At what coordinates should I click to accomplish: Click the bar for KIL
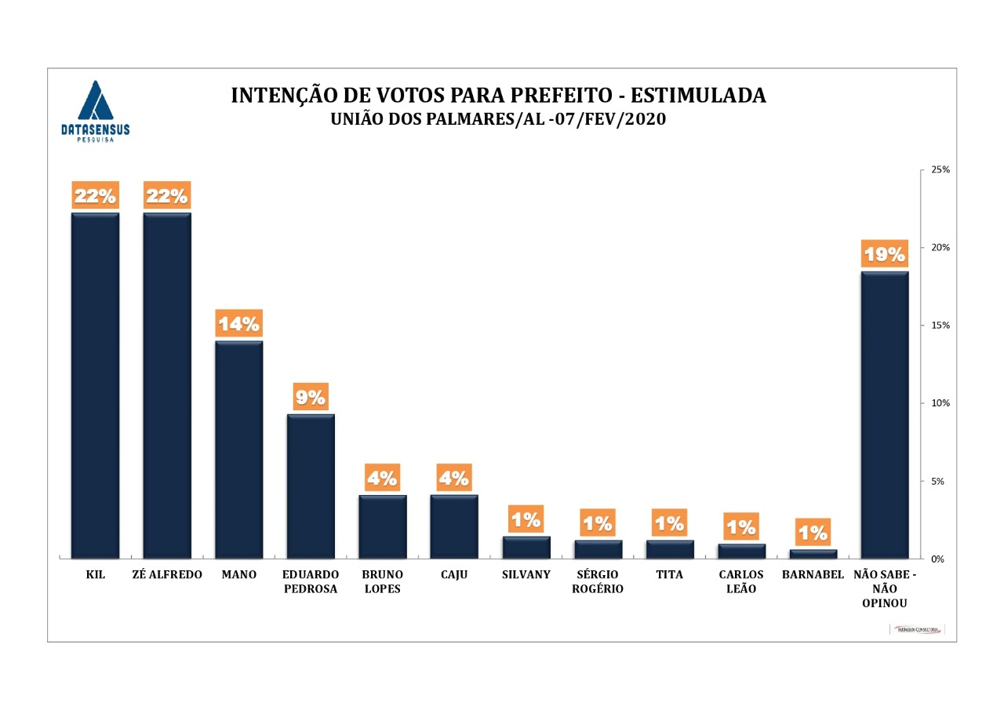coord(95,384)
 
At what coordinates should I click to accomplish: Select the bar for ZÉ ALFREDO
coord(167,384)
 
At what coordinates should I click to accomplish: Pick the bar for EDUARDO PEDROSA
coord(311,486)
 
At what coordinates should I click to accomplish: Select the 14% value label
coord(238,324)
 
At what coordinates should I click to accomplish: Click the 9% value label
coord(311,397)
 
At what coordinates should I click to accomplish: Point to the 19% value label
coord(885,254)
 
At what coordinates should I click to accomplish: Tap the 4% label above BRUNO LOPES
coord(383,477)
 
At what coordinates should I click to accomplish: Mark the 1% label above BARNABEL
coord(813,533)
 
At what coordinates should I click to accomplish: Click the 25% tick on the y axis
coord(940,169)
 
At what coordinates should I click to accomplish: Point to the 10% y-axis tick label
coord(940,403)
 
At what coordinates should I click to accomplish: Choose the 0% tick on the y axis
coord(938,559)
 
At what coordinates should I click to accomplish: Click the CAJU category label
coord(454,575)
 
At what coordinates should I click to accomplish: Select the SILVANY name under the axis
coord(526,575)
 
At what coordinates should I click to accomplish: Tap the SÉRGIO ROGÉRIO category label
coord(598,582)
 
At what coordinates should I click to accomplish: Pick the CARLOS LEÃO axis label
coord(741,582)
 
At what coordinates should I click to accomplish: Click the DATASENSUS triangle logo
coord(95,102)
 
